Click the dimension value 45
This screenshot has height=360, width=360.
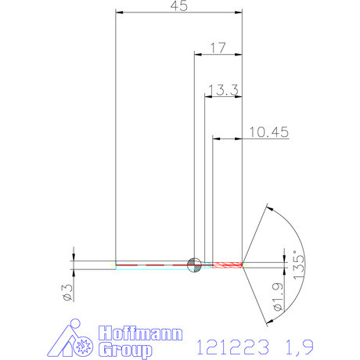click(178, 6)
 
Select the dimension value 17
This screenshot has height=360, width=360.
click(218, 48)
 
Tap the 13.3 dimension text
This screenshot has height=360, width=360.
click(223, 90)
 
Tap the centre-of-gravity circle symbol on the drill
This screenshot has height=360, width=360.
click(193, 264)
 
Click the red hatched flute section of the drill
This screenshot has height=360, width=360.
click(228, 264)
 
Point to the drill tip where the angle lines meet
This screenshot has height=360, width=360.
click(243, 264)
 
